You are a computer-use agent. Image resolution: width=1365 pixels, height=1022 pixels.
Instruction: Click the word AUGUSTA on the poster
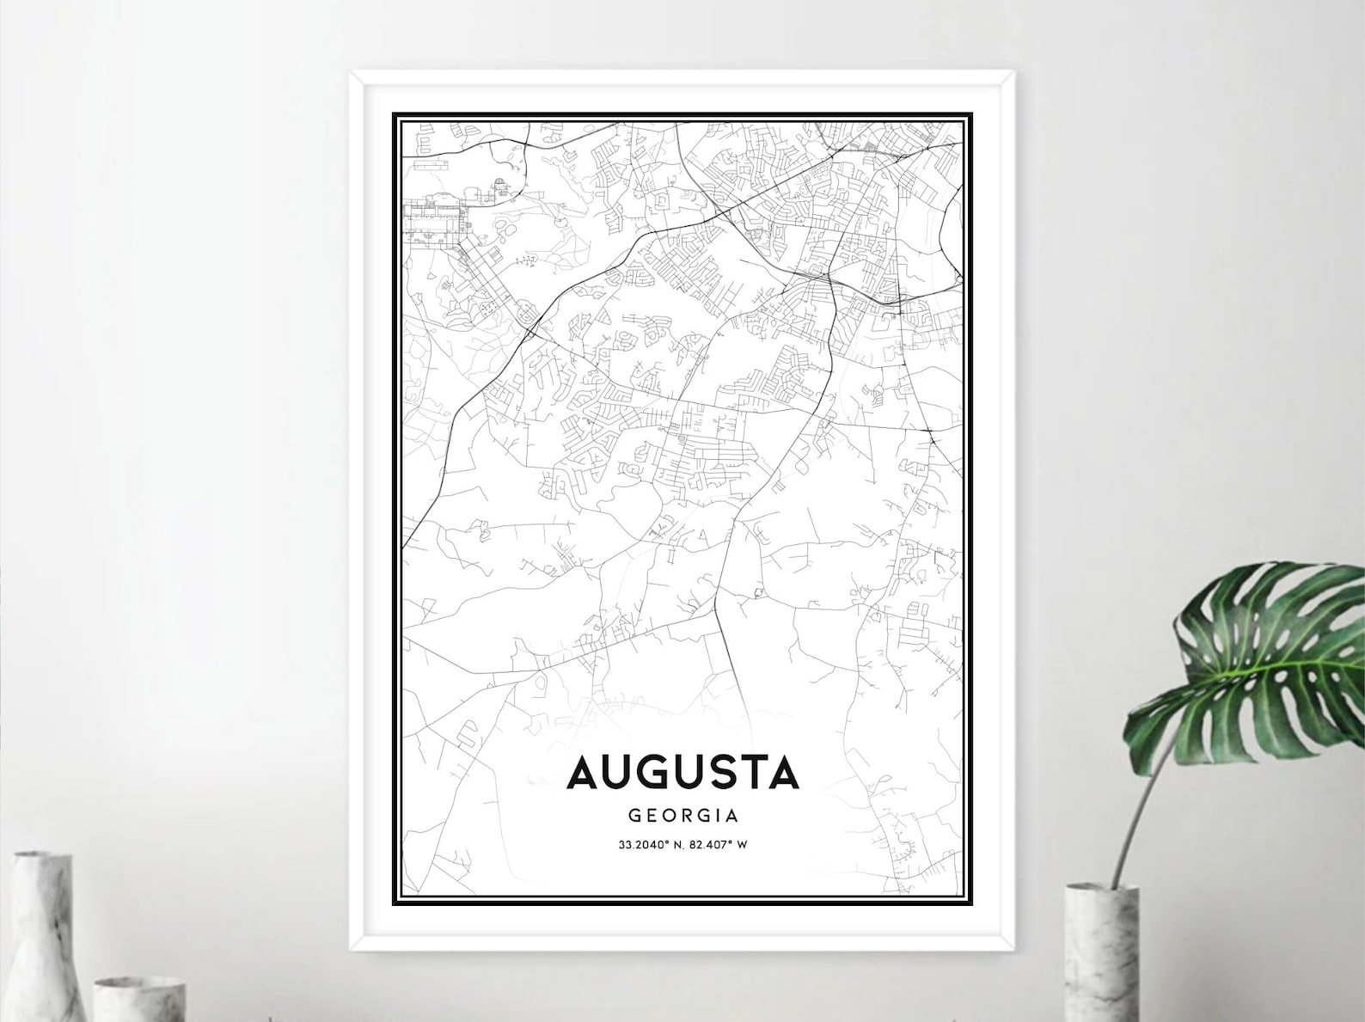tap(682, 773)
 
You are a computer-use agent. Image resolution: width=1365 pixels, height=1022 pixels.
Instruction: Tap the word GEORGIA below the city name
tap(682, 815)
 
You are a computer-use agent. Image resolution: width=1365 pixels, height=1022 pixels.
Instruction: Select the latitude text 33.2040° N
tap(650, 844)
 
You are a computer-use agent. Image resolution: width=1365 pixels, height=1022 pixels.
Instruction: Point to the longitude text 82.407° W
tap(719, 844)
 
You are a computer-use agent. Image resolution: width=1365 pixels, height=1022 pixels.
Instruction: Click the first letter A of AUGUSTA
tap(581, 773)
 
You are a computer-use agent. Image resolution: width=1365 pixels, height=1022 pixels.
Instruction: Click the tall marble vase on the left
tap(43, 937)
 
